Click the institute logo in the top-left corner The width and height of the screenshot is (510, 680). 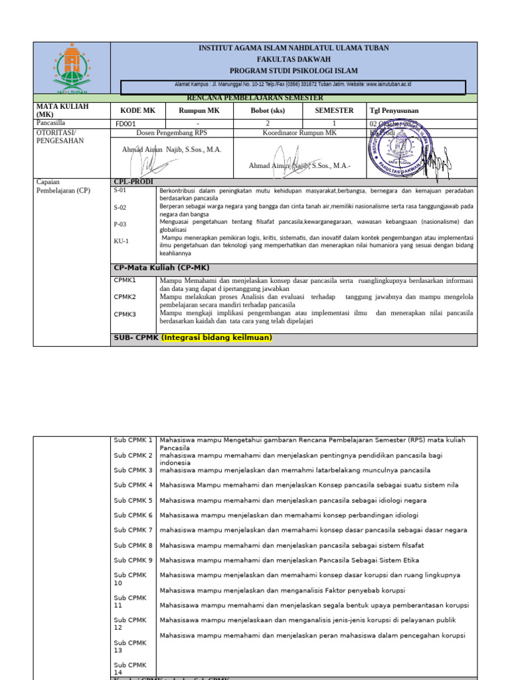(71, 68)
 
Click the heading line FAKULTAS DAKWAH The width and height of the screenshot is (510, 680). (294, 59)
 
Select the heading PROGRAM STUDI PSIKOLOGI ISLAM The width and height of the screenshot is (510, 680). (294, 70)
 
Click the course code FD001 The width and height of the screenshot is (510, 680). (126, 124)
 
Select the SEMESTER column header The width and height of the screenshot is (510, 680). (334, 111)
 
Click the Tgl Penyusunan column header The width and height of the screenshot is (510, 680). (394, 111)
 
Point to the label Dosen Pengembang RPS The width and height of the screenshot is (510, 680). (171, 133)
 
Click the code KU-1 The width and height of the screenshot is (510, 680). (122, 241)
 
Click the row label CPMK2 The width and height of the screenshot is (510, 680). (125, 297)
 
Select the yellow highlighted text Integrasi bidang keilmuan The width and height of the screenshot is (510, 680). (217, 337)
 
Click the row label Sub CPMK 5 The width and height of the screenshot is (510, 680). (133, 500)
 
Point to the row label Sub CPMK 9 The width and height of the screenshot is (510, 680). (133, 560)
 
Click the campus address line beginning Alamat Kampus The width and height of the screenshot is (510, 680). (293, 85)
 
